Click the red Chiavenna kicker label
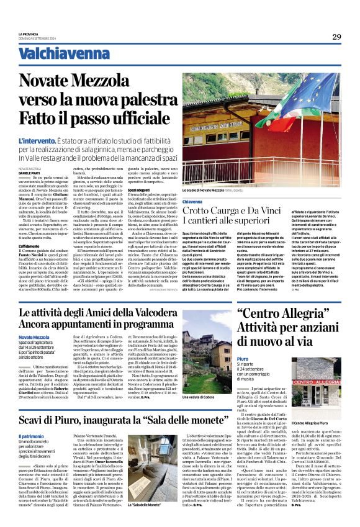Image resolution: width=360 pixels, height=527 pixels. [192, 202]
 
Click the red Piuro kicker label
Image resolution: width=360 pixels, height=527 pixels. [243, 359]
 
